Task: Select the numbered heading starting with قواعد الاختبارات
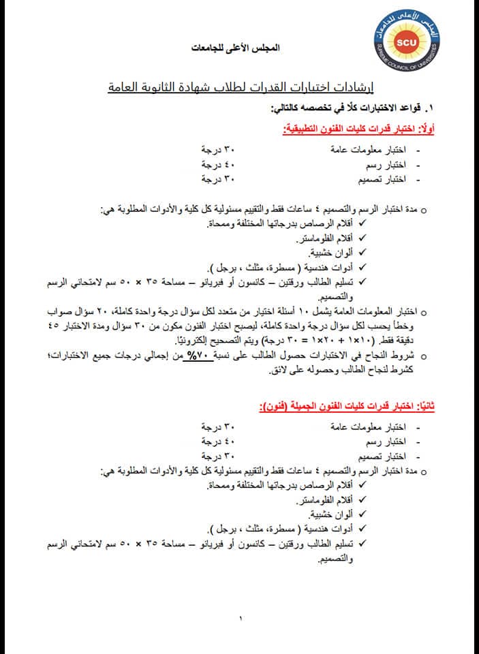tap(355, 108)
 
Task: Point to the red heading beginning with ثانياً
tap(348, 406)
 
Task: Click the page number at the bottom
tap(240, 619)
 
